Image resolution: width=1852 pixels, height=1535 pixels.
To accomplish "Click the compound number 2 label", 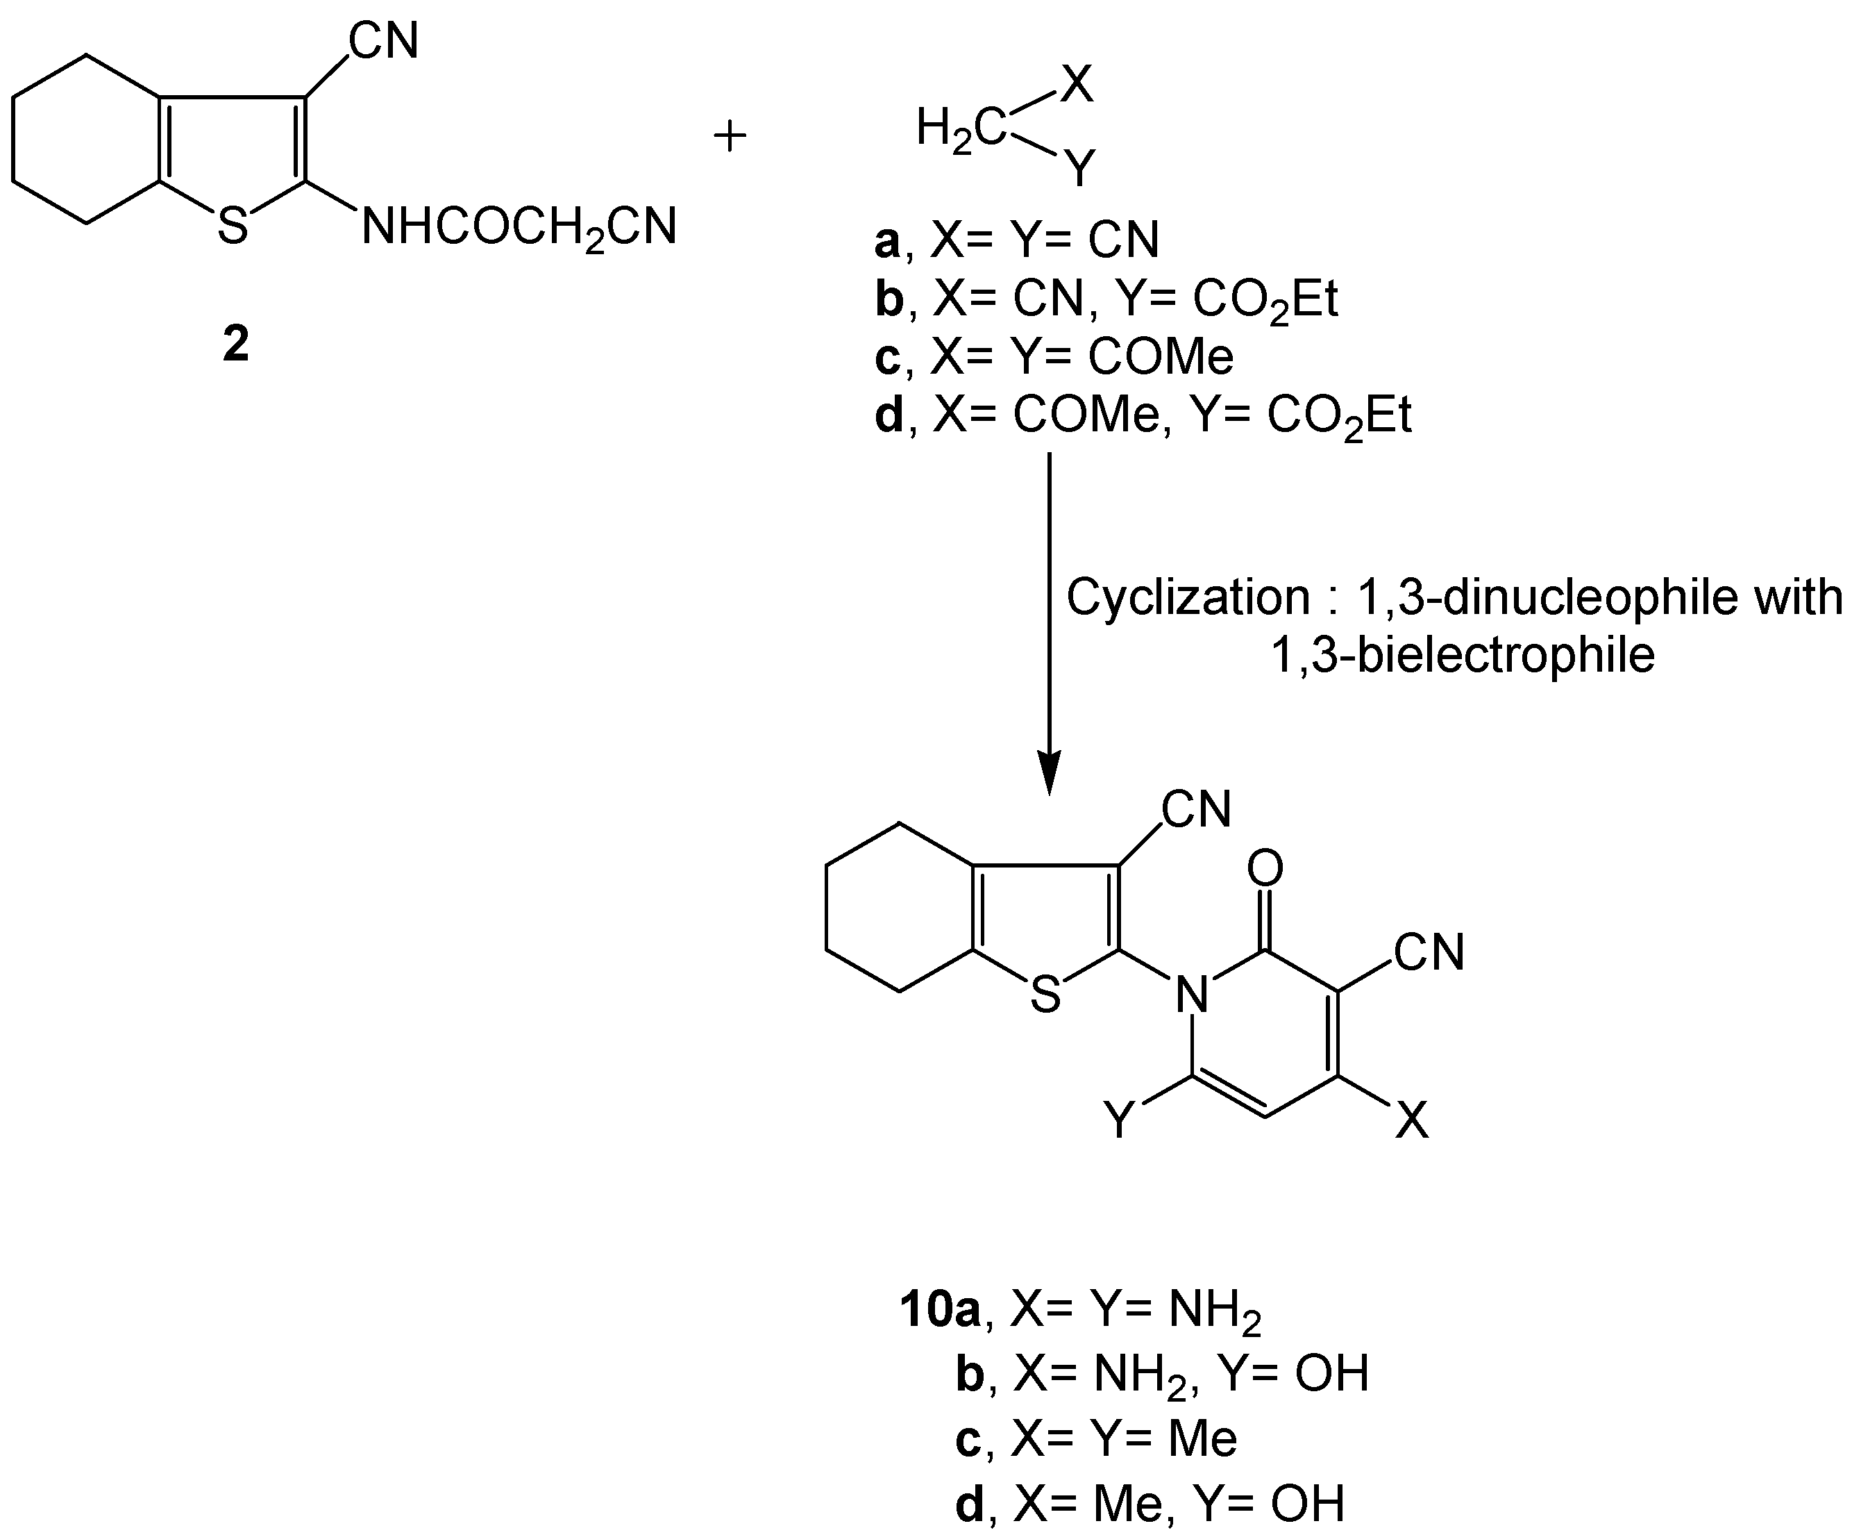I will coord(235,344).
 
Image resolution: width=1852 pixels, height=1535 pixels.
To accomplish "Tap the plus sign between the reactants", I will coord(730,138).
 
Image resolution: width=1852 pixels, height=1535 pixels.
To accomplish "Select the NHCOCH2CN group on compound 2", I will coord(519,228).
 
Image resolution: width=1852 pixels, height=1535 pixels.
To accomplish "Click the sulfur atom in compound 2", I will coord(233,226).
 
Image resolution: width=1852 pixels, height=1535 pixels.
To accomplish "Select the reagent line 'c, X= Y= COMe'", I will coord(1053,357).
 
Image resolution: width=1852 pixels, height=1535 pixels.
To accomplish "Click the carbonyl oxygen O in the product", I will coord(1265,869).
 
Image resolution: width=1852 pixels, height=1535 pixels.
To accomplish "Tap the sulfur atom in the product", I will coord(1045,995).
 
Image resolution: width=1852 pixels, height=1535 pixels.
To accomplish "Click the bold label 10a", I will coord(940,1310).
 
